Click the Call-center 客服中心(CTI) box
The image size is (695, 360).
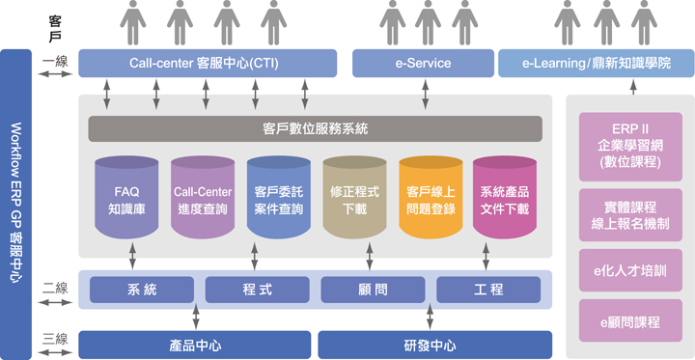(x=208, y=64)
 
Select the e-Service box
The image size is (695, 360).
(x=423, y=64)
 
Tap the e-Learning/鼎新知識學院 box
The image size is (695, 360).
(x=595, y=64)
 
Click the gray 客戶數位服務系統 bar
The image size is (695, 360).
(x=315, y=127)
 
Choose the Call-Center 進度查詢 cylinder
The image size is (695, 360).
(x=203, y=199)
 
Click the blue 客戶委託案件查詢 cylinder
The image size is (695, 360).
(x=278, y=199)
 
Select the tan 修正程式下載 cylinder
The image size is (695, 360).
(x=354, y=199)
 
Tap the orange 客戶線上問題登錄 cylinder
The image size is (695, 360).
(x=430, y=199)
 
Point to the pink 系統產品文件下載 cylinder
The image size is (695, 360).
(x=505, y=199)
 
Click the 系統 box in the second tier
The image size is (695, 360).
(x=141, y=290)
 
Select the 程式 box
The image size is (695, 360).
(x=257, y=290)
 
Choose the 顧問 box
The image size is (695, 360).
(x=373, y=290)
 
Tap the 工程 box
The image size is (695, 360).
(x=488, y=290)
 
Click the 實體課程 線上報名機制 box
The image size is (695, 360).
(x=629, y=214)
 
